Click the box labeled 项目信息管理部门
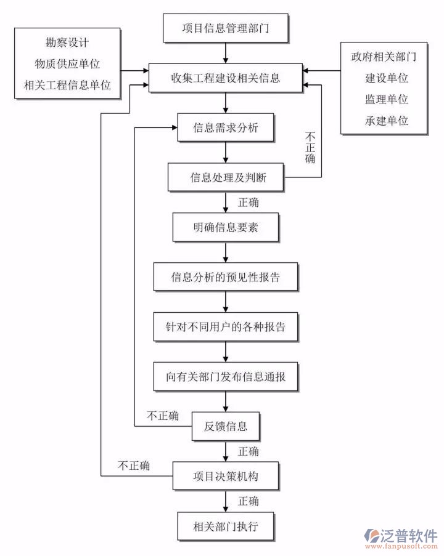click(x=225, y=28)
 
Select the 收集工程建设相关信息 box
click(x=225, y=78)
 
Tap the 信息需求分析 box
click(x=226, y=128)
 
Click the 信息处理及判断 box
click(x=226, y=178)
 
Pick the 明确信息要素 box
click(x=226, y=228)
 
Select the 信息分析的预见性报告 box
click(x=226, y=277)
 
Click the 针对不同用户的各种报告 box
click(x=226, y=327)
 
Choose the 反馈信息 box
click(x=226, y=426)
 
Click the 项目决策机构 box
click(x=226, y=476)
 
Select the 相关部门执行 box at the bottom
click(x=226, y=526)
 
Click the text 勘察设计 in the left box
click(x=67, y=43)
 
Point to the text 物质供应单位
click(x=67, y=63)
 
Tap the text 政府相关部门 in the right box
click(x=384, y=57)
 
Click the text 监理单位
click(x=386, y=99)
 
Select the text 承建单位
click(x=386, y=120)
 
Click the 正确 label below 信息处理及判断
click(x=248, y=202)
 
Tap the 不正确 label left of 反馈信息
click(x=162, y=416)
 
